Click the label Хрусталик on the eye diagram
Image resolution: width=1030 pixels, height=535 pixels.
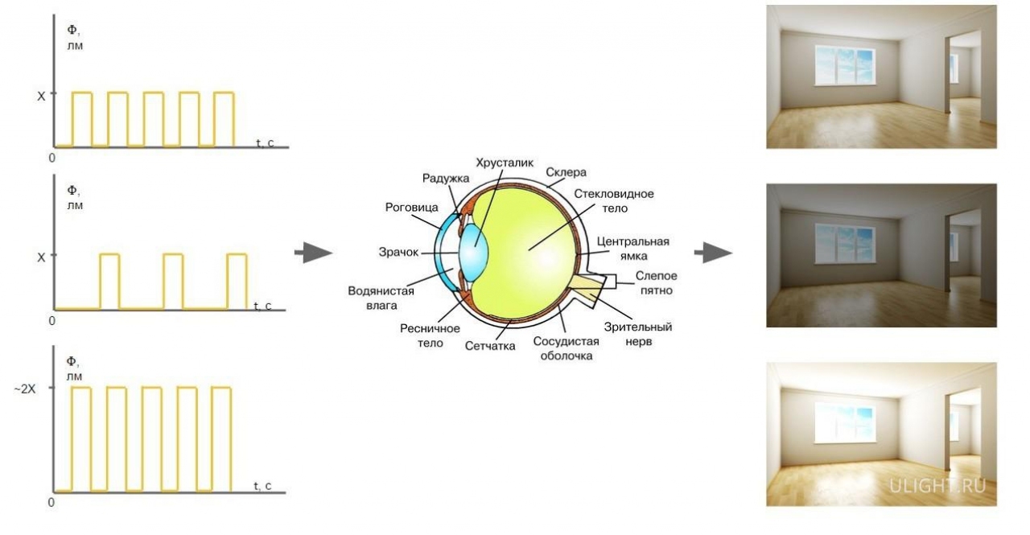(x=505, y=163)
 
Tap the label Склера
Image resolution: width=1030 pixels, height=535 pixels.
(x=566, y=172)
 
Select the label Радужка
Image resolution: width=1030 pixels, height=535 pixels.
(x=446, y=179)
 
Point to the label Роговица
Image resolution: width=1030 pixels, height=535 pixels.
(x=411, y=208)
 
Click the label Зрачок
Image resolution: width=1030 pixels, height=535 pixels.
(x=398, y=253)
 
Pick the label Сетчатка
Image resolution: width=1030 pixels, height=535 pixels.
(x=490, y=346)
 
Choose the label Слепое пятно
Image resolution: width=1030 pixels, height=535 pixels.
(x=656, y=283)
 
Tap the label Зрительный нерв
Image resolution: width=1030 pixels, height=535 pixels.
(x=638, y=334)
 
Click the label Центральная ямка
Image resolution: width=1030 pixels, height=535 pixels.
(x=632, y=249)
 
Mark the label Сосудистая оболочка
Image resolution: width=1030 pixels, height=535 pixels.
(x=566, y=348)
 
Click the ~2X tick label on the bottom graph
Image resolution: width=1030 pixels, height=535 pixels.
(x=24, y=389)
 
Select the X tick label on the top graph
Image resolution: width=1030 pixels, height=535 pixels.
(x=41, y=97)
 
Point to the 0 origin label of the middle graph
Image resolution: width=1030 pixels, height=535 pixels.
(x=52, y=320)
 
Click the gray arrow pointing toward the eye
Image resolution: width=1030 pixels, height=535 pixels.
(x=314, y=253)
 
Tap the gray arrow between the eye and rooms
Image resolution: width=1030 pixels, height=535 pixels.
(x=713, y=253)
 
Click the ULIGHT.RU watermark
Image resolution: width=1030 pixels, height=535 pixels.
(x=938, y=486)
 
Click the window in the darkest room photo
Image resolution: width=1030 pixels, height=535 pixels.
(x=845, y=244)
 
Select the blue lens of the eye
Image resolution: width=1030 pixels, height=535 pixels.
(x=472, y=252)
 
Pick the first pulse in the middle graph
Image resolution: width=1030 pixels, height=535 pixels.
(x=109, y=282)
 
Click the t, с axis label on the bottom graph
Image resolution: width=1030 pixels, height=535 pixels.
(x=262, y=485)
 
